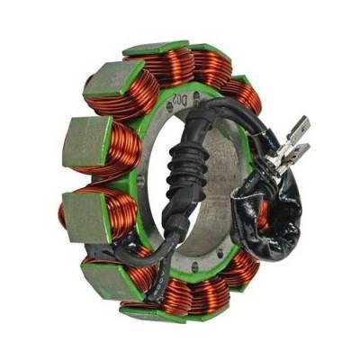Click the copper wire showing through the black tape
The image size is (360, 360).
coord(264,213)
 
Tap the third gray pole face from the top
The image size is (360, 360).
coord(86,214)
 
